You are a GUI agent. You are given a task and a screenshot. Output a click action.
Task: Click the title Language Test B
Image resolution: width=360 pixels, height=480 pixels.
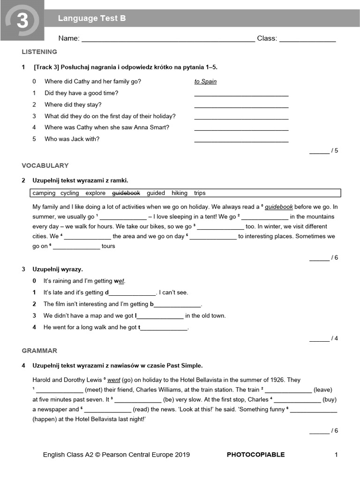(92, 19)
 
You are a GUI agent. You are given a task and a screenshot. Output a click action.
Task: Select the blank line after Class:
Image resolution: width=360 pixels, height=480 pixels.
(307, 40)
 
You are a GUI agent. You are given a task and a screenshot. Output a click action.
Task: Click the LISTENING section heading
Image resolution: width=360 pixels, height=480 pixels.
(39, 52)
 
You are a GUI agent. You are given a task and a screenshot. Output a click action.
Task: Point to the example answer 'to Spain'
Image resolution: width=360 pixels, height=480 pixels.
(205, 82)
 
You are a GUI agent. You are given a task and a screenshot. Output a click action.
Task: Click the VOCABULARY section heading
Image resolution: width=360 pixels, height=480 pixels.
(45, 165)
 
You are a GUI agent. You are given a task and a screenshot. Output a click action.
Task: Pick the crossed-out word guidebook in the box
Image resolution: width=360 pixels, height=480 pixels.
(126, 193)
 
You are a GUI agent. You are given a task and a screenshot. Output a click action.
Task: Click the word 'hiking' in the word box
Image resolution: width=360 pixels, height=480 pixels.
(179, 193)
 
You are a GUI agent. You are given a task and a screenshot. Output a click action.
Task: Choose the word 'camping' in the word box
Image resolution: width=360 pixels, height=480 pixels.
(44, 193)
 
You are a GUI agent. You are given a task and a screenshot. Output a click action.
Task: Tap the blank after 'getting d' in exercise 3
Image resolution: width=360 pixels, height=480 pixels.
(132, 294)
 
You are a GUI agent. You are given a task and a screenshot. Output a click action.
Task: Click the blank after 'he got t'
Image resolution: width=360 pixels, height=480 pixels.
(164, 329)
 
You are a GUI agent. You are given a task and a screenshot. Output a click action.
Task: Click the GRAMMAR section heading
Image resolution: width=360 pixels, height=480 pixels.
(39, 351)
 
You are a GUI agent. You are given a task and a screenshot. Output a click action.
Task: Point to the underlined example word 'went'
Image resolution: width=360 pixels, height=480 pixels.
(114, 380)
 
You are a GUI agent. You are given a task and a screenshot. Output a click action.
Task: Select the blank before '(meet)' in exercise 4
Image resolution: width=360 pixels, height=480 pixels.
(60, 391)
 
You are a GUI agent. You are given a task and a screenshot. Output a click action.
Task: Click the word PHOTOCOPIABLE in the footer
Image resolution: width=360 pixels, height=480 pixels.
(255, 455)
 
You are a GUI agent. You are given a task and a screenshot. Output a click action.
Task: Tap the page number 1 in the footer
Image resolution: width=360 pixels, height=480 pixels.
(336, 455)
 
